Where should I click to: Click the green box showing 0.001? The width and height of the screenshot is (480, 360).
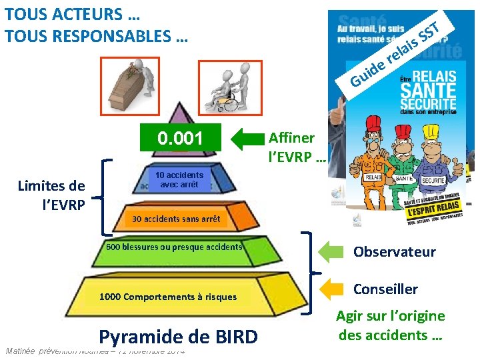click(179, 138)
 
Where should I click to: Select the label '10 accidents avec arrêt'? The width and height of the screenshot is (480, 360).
click(179, 179)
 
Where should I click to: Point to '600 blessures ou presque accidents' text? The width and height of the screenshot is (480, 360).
click(174, 247)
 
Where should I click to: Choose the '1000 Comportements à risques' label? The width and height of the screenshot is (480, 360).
click(167, 297)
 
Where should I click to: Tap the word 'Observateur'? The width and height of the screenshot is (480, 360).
click(394, 251)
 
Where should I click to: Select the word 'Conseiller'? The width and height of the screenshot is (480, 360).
click(385, 289)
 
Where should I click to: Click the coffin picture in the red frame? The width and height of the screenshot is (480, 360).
click(131, 85)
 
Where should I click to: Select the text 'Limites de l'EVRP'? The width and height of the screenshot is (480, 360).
click(51, 194)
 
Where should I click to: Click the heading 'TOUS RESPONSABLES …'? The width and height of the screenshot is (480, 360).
click(96, 36)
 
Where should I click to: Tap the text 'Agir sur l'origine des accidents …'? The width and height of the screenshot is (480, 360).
click(390, 325)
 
